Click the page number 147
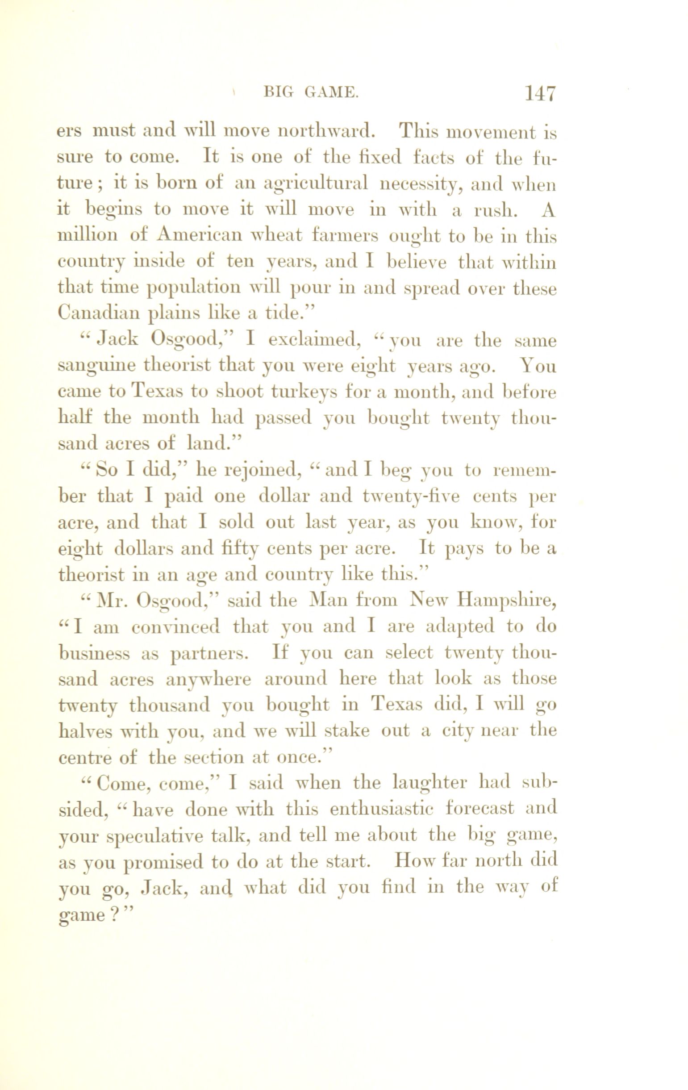pos(539,94)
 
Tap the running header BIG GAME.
pos(312,93)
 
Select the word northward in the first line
pos(326,131)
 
